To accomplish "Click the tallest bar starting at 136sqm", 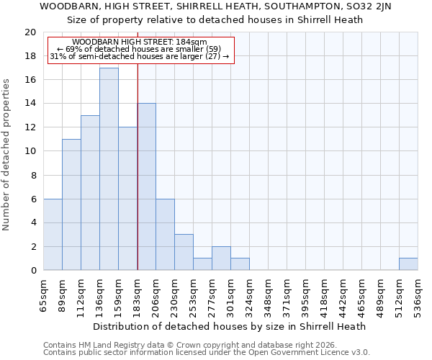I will pos(109,169).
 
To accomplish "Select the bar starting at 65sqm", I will pos(53,234).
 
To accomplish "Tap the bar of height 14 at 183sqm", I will pos(147,186).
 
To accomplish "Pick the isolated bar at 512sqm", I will pos(408,264).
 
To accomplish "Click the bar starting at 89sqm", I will pos(71,204).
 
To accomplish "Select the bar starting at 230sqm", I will pos(184,252).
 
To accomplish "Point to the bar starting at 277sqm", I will pos(221,258).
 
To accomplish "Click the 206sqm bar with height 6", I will pos(165,234).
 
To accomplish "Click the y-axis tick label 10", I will pos(30,151).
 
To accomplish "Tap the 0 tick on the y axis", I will pos(32,270).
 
